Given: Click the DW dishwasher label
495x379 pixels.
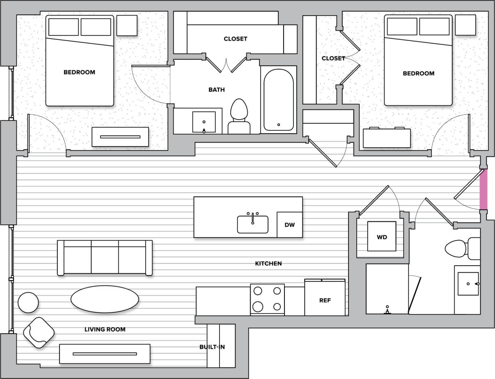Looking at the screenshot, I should pyautogui.click(x=289, y=225).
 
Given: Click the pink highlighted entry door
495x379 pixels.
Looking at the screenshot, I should pyautogui.click(x=484, y=189).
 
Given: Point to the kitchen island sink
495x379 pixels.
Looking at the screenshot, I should pyautogui.click(x=252, y=224).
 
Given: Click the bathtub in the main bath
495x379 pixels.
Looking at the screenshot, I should pyautogui.click(x=278, y=99).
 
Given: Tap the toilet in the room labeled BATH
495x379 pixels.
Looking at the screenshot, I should pyautogui.click(x=240, y=116).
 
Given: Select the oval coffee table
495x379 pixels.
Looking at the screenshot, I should pyautogui.click(x=105, y=299).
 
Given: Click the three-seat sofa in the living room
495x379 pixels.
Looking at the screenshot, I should pyautogui.click(x=105, y=258).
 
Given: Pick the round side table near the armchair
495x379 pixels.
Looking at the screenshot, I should pyautogui.click(x=28, y=302).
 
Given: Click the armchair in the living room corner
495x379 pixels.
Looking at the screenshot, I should pyautogui.click(x=39, y=332).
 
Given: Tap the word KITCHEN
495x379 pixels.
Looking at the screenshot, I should pyautogui.click(x=268, y=263).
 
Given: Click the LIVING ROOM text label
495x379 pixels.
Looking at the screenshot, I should pyautogui.click(x=105, y=329).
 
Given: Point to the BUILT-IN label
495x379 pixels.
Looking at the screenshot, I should pyautogui.click(x=212, y=347).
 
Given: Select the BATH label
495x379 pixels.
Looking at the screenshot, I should pyautogui.click(x=216, y=90).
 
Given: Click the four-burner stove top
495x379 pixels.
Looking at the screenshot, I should pyautogui.click(x=267, y=299).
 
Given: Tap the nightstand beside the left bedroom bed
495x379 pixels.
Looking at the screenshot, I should pyautogui.click(x=126, y=25).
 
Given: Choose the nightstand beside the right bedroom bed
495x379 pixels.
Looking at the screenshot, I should pyautogui.click(x=465, y=25).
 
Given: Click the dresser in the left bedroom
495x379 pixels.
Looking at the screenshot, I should pyautogui.click(x=120, y=137).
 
